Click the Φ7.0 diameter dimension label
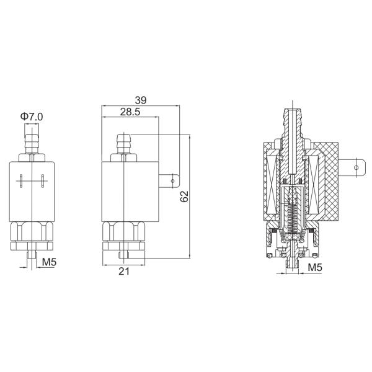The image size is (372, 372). tap(32, 117)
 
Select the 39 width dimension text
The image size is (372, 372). tap(141, 100)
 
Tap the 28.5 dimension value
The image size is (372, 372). tap(130, 112)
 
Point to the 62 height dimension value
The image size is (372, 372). tap(184, 196)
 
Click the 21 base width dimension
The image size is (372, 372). tap(124, 271)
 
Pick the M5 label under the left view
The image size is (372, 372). tap(49, 262)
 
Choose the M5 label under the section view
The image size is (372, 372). tap(315, 268)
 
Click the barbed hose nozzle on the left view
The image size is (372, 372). tap(32, 144)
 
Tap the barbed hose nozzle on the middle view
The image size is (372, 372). tap(124, 144)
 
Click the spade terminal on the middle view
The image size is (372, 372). tap(169, 181)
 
